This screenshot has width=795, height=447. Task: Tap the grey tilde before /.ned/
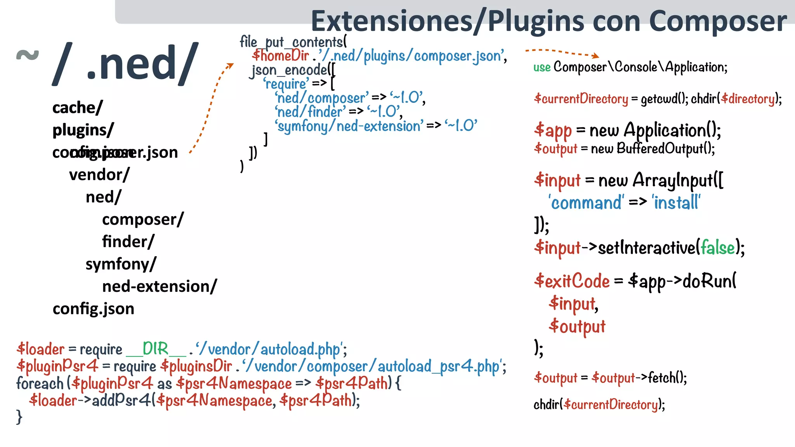pos(28,55)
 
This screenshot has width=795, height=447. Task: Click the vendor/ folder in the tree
pos(99,175)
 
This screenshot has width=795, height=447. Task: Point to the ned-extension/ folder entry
pos(160,286)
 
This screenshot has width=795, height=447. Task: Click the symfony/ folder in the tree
pos(121,264)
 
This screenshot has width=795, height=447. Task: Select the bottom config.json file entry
pos(94,309)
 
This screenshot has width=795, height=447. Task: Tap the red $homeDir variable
pos(280,56)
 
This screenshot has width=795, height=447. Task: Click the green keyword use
pos(542,68)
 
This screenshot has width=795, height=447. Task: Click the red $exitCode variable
pos(572,281)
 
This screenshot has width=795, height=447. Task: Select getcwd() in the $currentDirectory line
pos(664,99)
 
